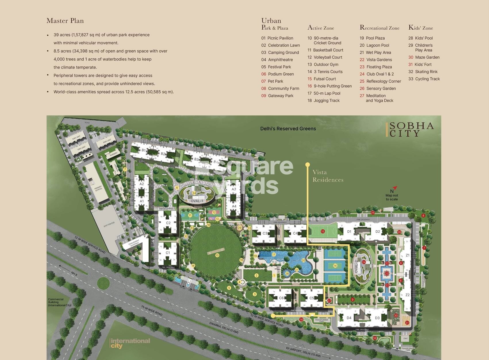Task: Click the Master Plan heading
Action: (65, 21)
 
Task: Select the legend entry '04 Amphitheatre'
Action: (277, 60)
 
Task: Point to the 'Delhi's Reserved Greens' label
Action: (288, 129)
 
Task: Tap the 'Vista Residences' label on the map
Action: (328, 176)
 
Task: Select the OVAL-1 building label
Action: (197, 201)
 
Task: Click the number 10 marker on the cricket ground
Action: (217, 255)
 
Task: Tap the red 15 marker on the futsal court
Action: (323, 231)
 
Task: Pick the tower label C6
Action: (281, 298)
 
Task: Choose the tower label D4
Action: (349, 318)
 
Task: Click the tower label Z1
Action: (407, 255)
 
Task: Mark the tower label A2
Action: (141, 184)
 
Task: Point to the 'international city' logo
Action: (130, 343)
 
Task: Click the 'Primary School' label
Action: (98, 189)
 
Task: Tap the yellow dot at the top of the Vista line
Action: (308, 165)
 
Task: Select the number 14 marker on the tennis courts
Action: (335, 266)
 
